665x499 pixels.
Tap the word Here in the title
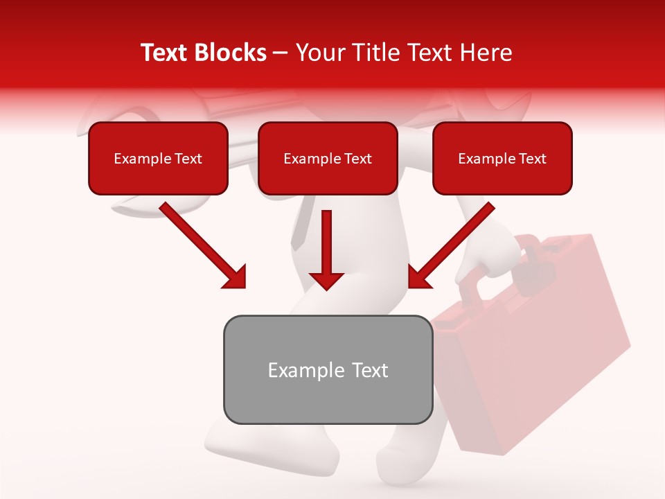pos(484,53)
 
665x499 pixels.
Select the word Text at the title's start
pos(166,53)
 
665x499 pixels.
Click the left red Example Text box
pos(158,158)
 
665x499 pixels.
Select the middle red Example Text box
pos(328,158)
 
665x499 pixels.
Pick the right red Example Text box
pos(502,158)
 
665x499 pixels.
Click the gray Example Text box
pos(328,369)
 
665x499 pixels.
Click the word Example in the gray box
pos(296,370)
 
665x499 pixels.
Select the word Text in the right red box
pos(532,159)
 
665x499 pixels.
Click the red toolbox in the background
pos(540,347)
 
